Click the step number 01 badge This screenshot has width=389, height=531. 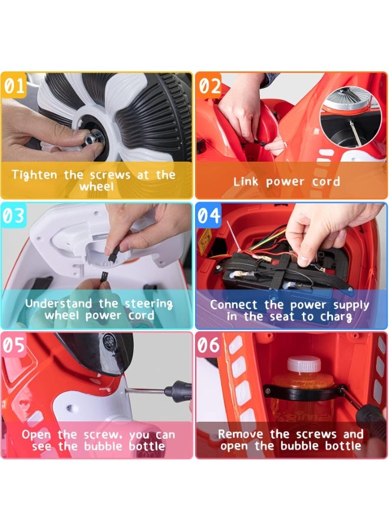point(14,85)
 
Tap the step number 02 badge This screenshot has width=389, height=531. point(209,85)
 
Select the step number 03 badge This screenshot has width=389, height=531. point(14,215)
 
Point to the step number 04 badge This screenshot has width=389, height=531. point(209,215)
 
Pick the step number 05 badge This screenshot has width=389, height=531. point(14,345)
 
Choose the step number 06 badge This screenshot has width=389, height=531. point(209,345)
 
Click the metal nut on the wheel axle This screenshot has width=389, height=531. point(93,137)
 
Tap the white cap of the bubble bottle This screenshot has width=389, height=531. point(304,364)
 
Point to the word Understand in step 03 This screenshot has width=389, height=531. point(58,303)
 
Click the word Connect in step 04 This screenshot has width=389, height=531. point(234,304)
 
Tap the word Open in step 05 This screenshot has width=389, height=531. point(36,435)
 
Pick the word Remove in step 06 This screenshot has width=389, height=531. point(240,434)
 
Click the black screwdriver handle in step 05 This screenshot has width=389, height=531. point(178,391)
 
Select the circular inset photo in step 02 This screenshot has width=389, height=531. point(351,116)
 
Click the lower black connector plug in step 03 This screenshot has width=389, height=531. point(103,277)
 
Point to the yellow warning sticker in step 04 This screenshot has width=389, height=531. point(205,241)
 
